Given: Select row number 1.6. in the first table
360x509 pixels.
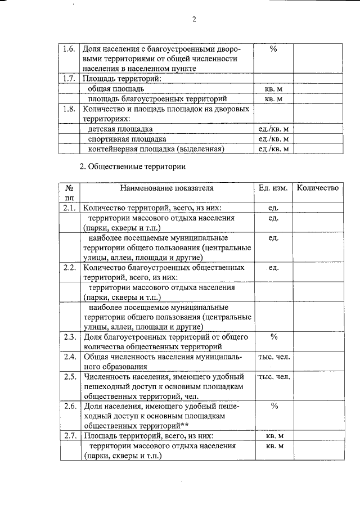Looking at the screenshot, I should click(69, 49).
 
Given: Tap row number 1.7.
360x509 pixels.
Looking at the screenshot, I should click(69, 78).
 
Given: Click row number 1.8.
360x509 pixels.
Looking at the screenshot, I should click(69, 109).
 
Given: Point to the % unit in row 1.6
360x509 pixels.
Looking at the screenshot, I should click(273, 49).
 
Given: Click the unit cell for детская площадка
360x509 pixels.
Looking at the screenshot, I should click(273, 129).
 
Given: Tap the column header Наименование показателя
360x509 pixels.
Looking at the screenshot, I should click(166, 188).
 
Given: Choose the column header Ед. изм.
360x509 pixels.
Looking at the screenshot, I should click(273, 188).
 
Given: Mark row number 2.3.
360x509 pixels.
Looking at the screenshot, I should click(69, 337).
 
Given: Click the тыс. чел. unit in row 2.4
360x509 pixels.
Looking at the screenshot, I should click(273, 357).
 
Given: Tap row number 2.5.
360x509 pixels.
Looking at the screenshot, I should click(69, 376).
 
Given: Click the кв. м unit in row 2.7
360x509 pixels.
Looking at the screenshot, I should click(273, 436).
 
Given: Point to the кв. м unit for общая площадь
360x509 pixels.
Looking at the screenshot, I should click(273, 89).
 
